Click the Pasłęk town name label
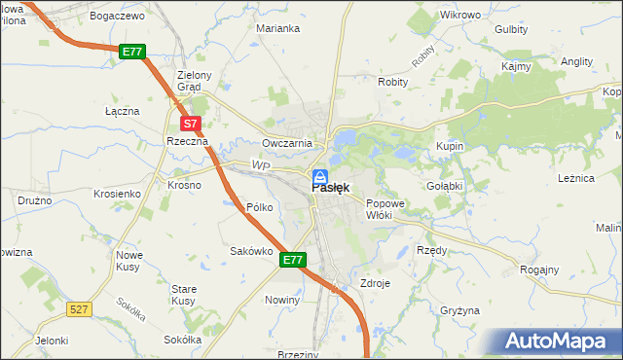tap(331, 189)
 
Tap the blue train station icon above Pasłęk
tap(319, 176)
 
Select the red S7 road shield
tap(191, 124)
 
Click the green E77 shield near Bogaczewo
tap(132, 52)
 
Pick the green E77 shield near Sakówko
tap(294, 261)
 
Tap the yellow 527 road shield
tap(80, 308)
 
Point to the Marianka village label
tap(277, 28)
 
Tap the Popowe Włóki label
tap(385, 209)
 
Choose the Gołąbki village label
tap(444, 184)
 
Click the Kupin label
tap(450, 146)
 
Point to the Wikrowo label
tap(460, 16)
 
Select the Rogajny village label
tap(539, 270)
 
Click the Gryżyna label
tap(459, 310)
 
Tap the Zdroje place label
tap(375, 284)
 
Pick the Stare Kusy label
tap(184, 295)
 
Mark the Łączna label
tap(123, 111)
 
